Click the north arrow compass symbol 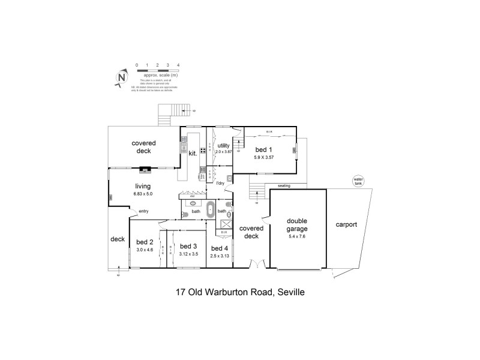click(x=122, y=77)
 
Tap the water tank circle click(x=359, y=180)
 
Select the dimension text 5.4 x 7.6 click(x=296, y=236)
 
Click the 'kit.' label click(x=193, y=154)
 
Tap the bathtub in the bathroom click(x=210, y=211)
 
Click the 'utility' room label click(x=223, y=146)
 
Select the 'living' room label click(x=143, y=186)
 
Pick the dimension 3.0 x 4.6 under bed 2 click(x=145, y=250)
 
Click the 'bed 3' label click(x=188, y=246)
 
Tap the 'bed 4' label click(x=220, y=248)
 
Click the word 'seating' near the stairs click(x=284, y=186)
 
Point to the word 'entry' click(x=143, y=211)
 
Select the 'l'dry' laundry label click(x=223, y=183)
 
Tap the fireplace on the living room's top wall click(x=144, y=169)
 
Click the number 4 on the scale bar click(x=178, y=64)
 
